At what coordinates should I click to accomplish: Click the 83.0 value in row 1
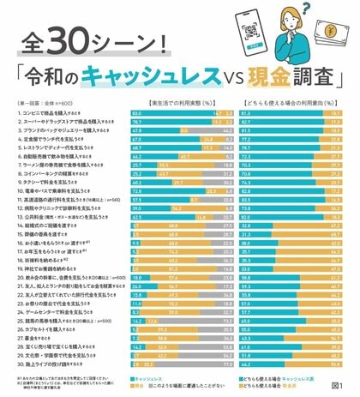click(136, 112)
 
